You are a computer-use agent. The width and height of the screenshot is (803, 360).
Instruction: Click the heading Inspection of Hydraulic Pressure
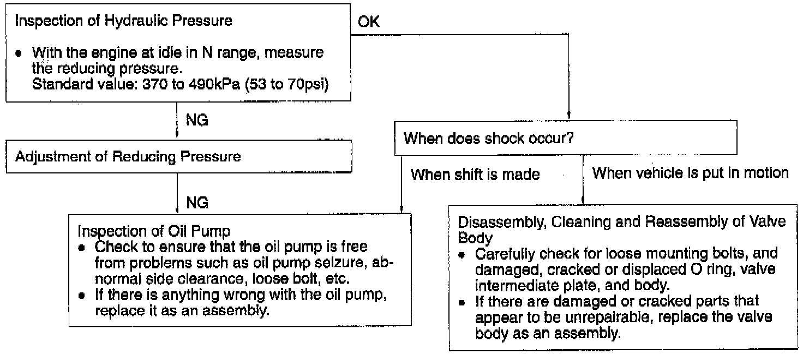(x=123, y=21)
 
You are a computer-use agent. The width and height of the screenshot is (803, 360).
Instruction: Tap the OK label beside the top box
(x=369, y=22)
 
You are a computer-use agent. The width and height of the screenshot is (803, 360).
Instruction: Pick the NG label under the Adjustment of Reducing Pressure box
(x=197, y=203)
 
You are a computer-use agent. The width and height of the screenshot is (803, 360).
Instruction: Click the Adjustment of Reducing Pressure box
(x=178, y=157)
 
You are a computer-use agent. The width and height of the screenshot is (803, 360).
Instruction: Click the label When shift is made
(x=475, y=175)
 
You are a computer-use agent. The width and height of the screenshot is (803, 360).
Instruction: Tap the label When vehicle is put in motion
(x=690, y=173)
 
